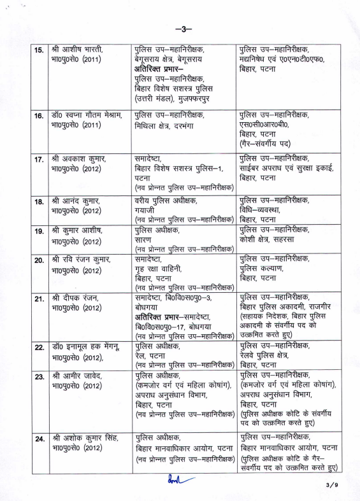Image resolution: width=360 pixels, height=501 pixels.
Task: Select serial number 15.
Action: point(38,50)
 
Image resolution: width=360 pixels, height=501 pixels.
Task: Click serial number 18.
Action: point(38,202)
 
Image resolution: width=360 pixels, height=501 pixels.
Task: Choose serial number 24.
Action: point(38,439)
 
